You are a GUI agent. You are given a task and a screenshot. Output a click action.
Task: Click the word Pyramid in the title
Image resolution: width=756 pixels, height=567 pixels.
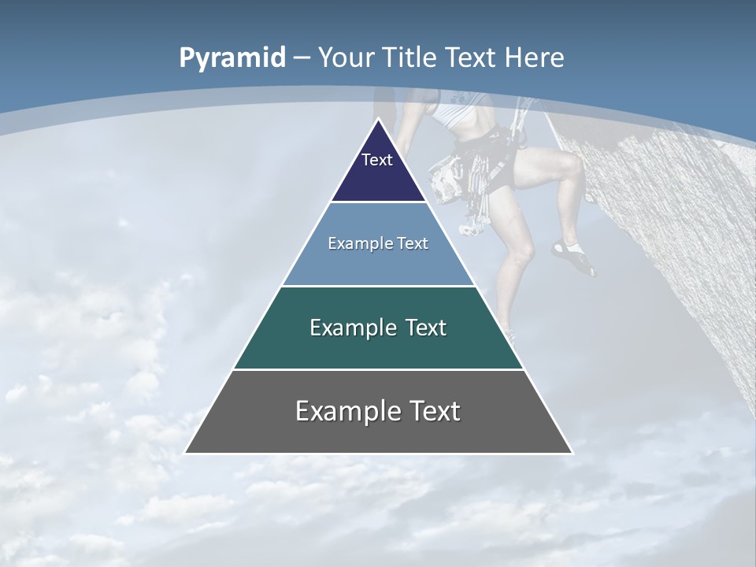click(x=232, y=57)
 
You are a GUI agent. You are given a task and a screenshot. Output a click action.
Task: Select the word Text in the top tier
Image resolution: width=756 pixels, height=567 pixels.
click(x=376, y=160)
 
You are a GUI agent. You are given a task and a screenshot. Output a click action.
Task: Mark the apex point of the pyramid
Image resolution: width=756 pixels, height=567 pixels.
click(x=378, y=120)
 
